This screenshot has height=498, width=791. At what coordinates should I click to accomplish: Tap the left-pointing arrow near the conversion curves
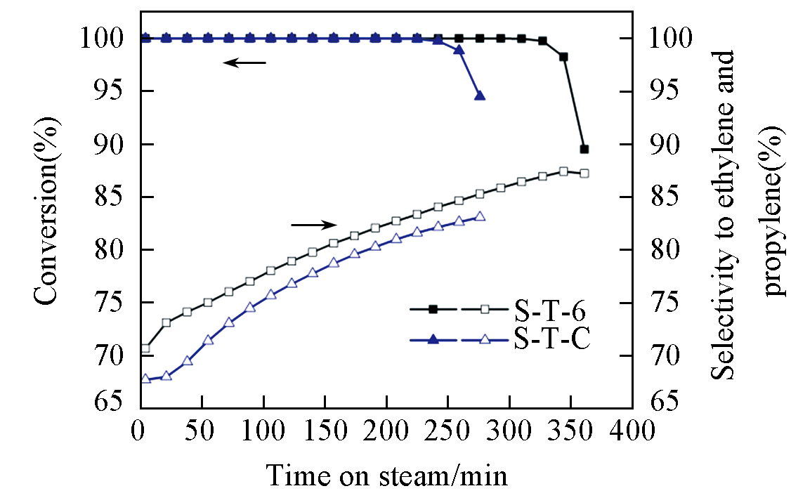tap(244, 63)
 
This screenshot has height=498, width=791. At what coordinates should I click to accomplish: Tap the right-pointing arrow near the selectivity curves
tap(314, 225)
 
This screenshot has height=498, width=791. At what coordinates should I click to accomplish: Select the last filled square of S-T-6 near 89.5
tap(584, 149)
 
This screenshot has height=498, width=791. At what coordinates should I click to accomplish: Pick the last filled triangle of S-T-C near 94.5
tap(480, 96)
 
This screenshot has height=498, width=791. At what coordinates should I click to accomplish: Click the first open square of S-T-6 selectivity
tap(145, 348)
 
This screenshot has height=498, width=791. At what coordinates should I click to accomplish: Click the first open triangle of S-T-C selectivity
tap(145, 379)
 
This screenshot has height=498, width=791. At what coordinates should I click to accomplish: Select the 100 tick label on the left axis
tap(103, 38)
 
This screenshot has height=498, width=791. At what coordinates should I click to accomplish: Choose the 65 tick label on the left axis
tap(110, 402)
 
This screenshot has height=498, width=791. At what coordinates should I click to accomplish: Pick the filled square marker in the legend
tap(433, 309)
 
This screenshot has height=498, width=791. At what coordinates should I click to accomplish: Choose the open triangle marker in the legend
tap(484, 339)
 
